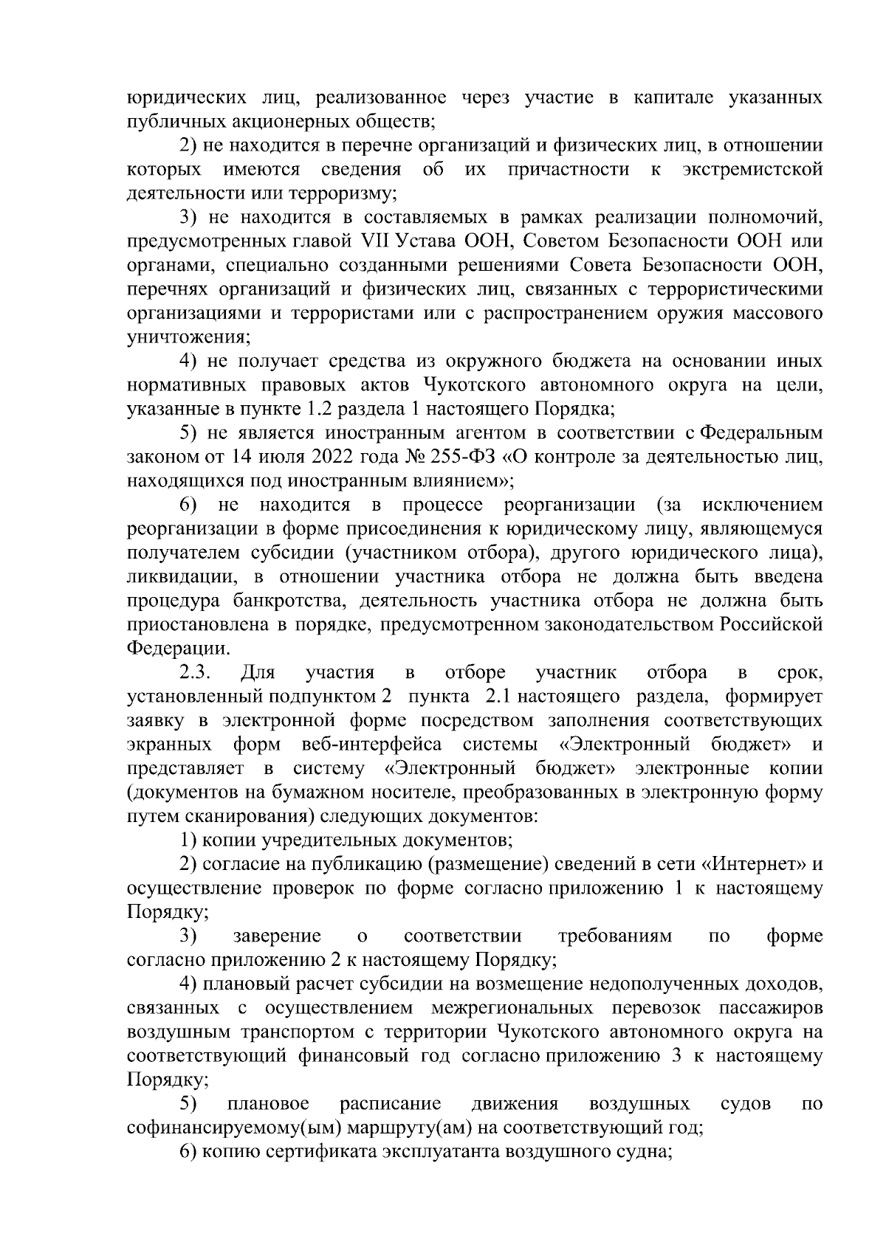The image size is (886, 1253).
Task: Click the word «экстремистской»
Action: click(752, 170)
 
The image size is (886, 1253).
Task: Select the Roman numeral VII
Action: click(377, 242)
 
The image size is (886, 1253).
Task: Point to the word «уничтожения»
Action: click(188, 338)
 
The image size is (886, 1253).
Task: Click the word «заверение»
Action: click(278, 936)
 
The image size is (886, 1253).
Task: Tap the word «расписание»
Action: click(391, 1104)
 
